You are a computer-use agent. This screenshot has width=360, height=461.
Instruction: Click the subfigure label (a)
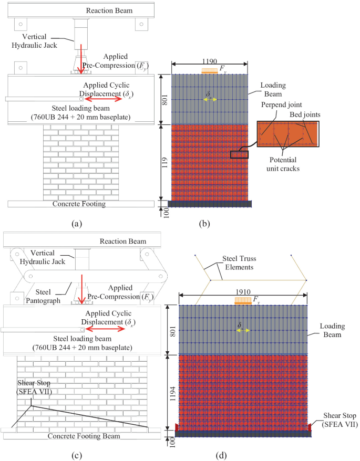click(x=77, y=224)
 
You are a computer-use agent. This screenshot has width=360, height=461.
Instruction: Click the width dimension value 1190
click(x=204, y=61)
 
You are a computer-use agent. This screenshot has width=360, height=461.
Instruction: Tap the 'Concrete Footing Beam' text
click(x=83, y=436)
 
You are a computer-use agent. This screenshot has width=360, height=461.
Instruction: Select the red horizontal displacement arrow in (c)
click(x=107, y=329)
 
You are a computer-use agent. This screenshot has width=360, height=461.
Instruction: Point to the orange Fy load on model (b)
click(x=209, y=70)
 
